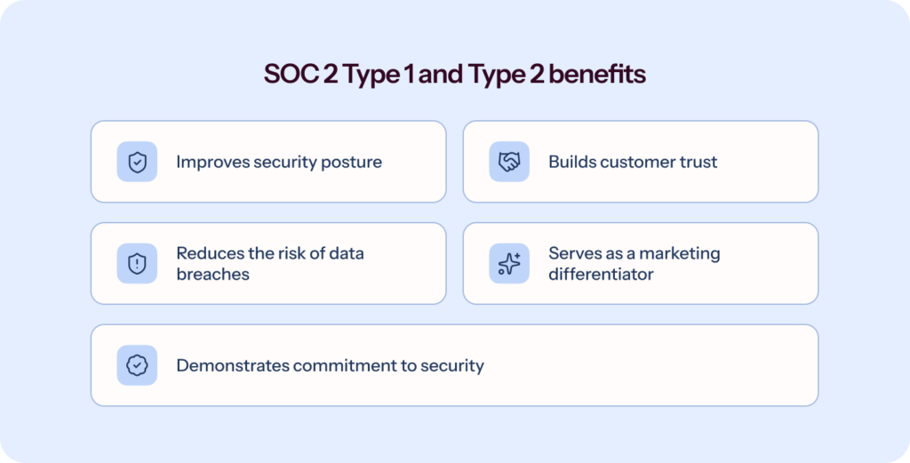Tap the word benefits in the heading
tap(597, 75)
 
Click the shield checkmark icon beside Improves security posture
tap(137, 162)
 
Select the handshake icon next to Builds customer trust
tap(509, 162)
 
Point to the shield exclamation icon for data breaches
tap(137, 263)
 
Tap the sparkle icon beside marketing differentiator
tap(509, 263)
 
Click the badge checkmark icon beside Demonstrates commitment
tap(137, 365)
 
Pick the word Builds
tap(571, 162)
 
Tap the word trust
tap(698, 162)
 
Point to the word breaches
tap(212, 274)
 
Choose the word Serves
tap(573, 253)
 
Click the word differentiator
tap(601, 274)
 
